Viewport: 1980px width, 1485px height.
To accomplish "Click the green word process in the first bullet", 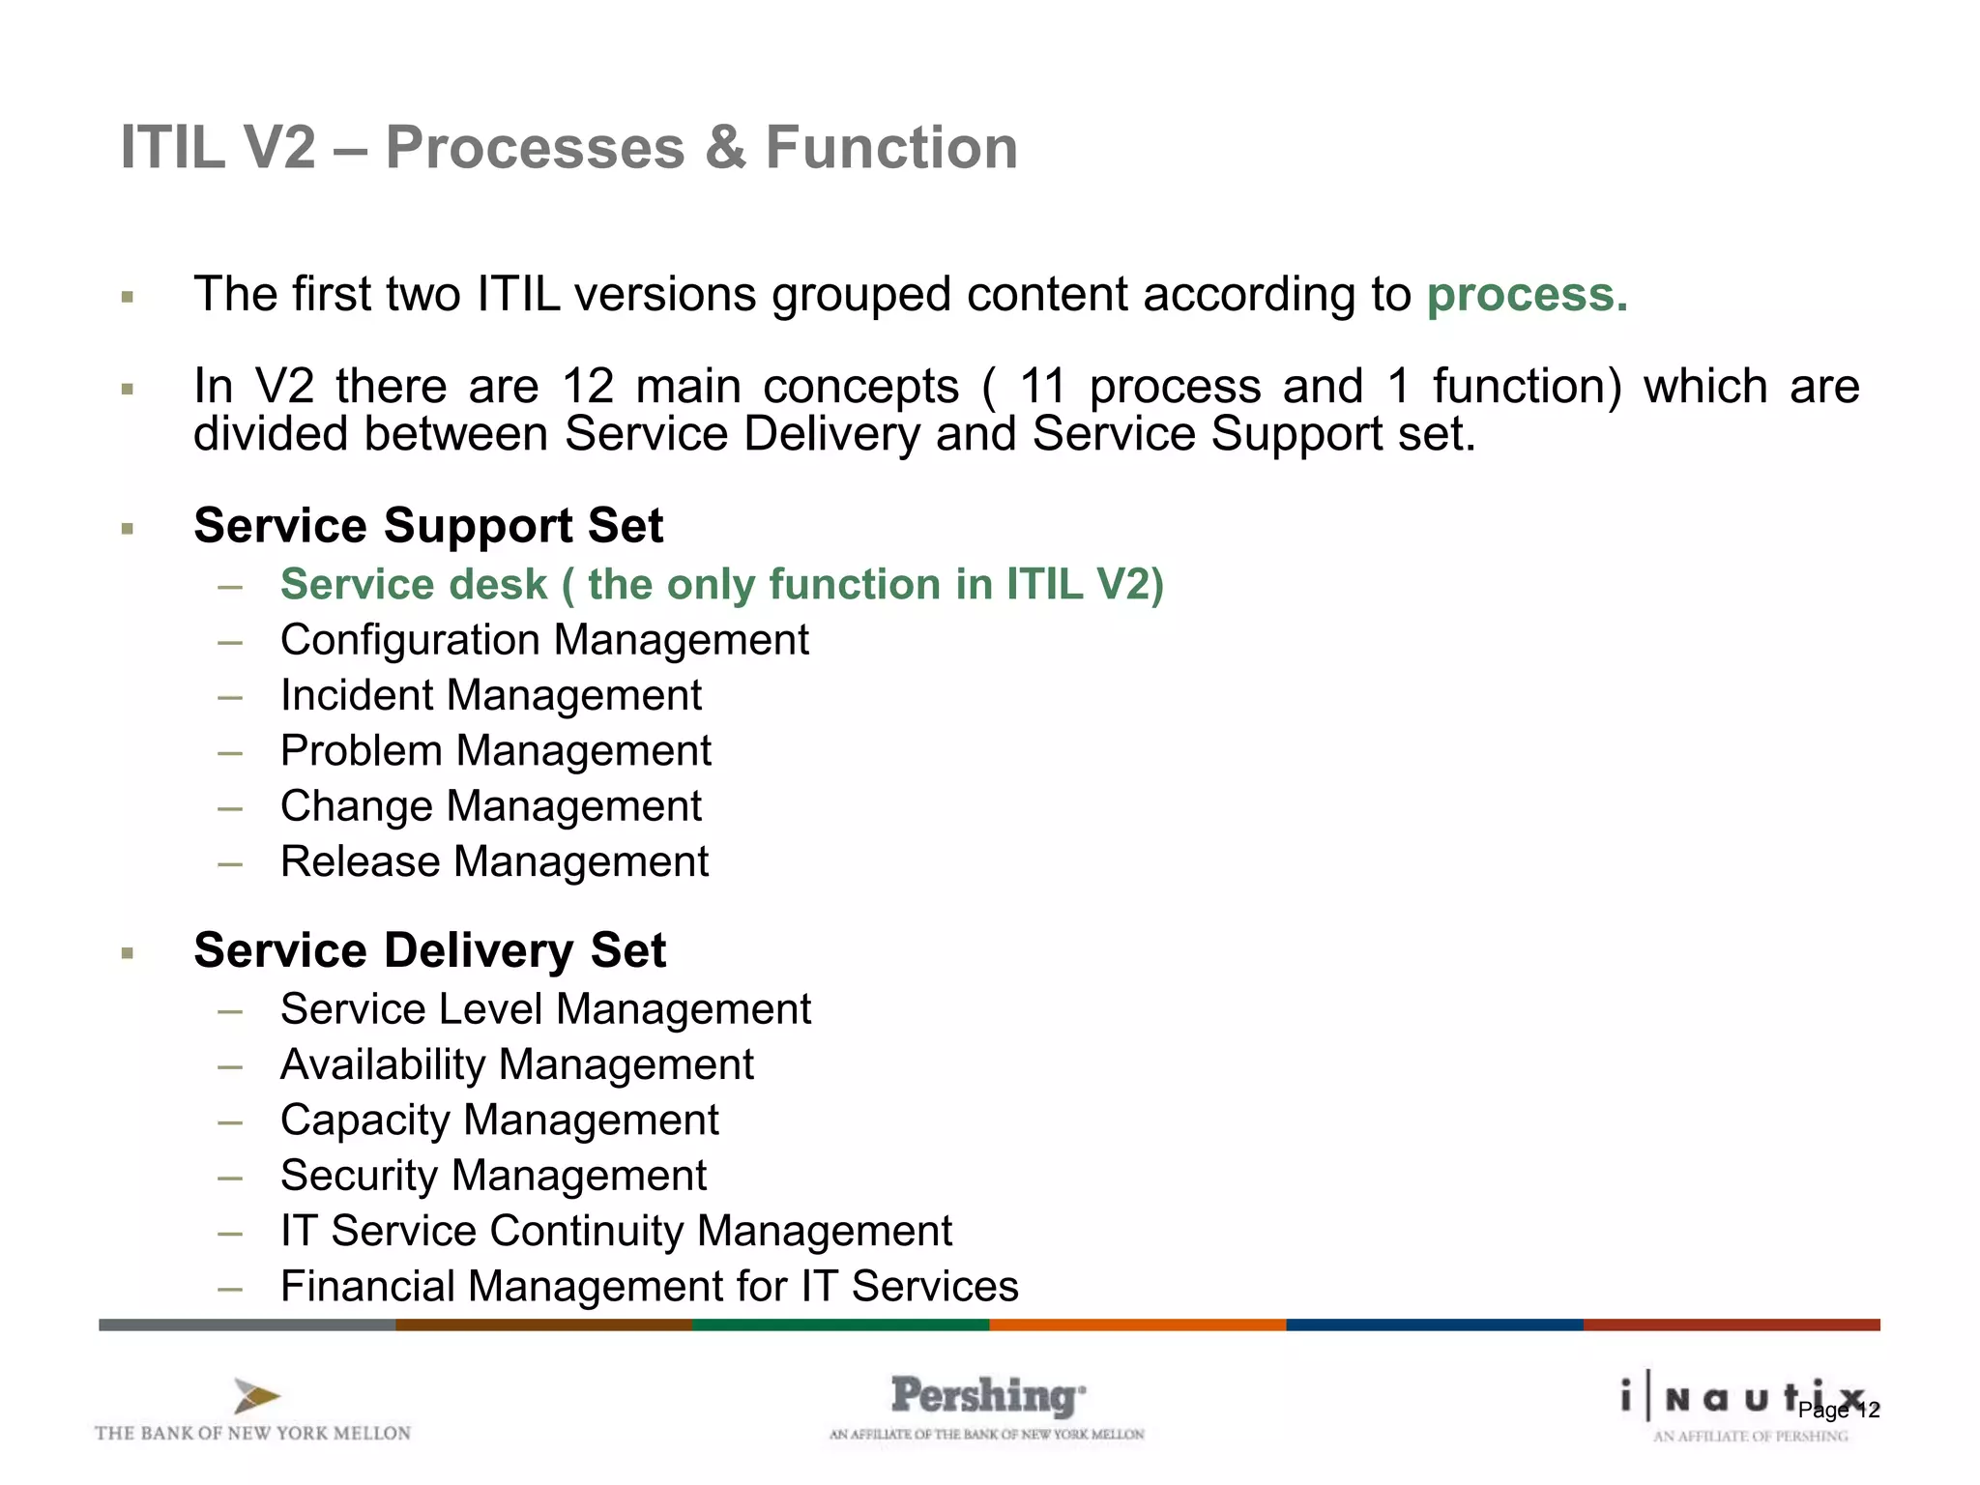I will [x=1527, y=295].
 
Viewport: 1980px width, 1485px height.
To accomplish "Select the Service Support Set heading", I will [x=428, y=526].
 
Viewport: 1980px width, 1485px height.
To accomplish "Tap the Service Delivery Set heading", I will [x=429, y=950].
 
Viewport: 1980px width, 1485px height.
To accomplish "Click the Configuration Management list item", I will [x=544, y=640].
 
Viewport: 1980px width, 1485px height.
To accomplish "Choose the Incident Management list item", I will [x=490, y=696].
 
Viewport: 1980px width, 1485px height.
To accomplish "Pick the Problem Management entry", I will [x=495, y=751].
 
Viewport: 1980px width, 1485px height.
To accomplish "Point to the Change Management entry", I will [x=490, y=806].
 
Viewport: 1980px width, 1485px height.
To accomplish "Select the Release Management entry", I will [x=494, y=861].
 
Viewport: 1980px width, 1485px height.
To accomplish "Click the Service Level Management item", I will [x=545, y=1009].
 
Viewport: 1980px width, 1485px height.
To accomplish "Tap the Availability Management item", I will [x=516, y=1064].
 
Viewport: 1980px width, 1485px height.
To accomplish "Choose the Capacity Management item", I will [x=499, y=1121].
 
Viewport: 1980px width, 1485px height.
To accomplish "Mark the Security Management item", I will [x=493, y=1176].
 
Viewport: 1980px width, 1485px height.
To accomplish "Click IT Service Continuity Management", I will [x=616, y=1231].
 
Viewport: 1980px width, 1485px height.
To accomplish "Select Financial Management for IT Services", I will [x=649, y=1287].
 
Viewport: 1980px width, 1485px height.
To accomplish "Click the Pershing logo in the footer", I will [x=987, y=1397].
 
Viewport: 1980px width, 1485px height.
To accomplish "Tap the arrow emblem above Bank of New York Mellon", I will [x=256, y=1396].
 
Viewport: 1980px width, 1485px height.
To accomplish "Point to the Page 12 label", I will [x=1838, y=1411].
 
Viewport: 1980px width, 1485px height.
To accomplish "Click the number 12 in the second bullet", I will [x=588, y=387].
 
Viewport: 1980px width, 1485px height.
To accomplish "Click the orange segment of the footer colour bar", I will [x=1137, y=1325].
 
